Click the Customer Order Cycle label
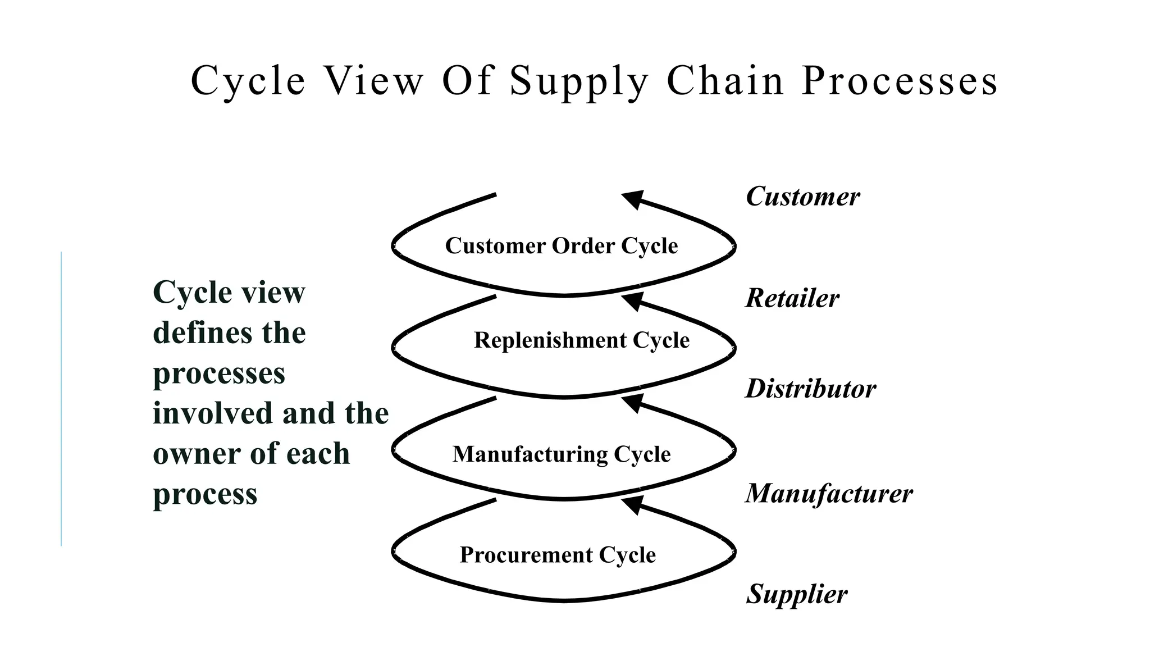561,246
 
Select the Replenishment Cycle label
581,340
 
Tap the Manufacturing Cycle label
561,454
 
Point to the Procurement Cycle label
558,555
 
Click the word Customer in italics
802,197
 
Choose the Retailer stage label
792,298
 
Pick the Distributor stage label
810,389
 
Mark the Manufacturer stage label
829,494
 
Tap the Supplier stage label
796,594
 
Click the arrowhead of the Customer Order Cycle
633,199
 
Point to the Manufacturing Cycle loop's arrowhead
633,402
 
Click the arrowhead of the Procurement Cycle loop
633,504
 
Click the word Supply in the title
579,82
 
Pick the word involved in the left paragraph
213,413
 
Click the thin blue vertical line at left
61,399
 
